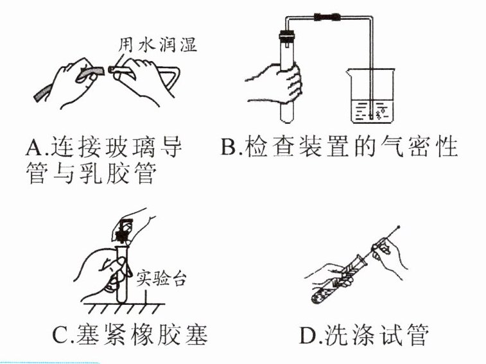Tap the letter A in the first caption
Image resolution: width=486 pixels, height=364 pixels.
pyautogui.click(x=34, y=146)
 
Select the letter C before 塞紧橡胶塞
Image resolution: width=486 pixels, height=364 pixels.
pyautogui.click(x=60, y=335)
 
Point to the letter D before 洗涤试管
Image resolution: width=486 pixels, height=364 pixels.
pyautogui.click(x=308, y=335)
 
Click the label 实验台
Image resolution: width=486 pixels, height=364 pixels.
pyautogui.click(x=161, y=279)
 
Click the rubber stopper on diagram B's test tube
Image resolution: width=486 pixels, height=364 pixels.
pyautogui.click(x=286, y=37)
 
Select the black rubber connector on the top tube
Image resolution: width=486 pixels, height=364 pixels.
pyautogui.click(x=327, y=17)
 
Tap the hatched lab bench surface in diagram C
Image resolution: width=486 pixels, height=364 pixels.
pyautogui.click(x=123, y=309)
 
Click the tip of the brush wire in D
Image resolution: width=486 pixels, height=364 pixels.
pyautogui.click(x=398, y=227)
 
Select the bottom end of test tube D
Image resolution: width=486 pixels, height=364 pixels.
pyautogui.click(x=315, y=300)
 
